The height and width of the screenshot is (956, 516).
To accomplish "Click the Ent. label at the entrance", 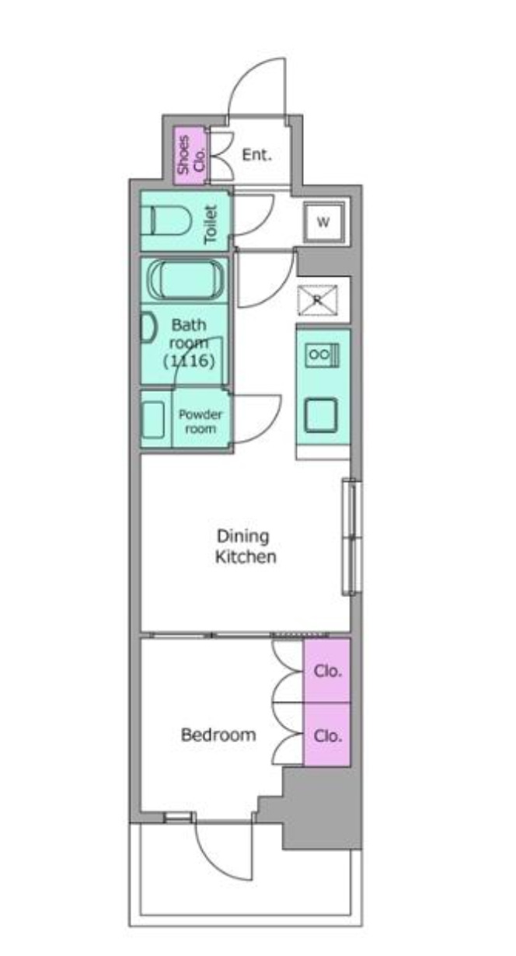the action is point(256,155).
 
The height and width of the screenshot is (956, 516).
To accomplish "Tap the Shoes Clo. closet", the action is point(190,155).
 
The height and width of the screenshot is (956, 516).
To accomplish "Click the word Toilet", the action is point(211,224).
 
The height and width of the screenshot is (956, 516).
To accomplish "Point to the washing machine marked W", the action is point(324,222).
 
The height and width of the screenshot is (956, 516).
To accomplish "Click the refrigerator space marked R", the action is point(317,300).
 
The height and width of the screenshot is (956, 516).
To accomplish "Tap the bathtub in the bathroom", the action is point(186,280).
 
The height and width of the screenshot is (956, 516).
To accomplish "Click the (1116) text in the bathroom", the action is point(189,361).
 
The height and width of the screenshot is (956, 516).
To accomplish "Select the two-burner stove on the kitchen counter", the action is point(322,355).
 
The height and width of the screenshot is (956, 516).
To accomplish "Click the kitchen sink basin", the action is point(321,415).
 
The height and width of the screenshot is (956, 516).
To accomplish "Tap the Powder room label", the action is point(200,421).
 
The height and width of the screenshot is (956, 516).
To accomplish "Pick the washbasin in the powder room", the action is point(153,420).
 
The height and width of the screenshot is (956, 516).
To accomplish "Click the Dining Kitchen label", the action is point(246,546).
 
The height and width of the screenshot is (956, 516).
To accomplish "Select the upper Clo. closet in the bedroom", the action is point(327,670).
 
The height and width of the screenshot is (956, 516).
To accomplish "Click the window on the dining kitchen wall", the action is point(352,537).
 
